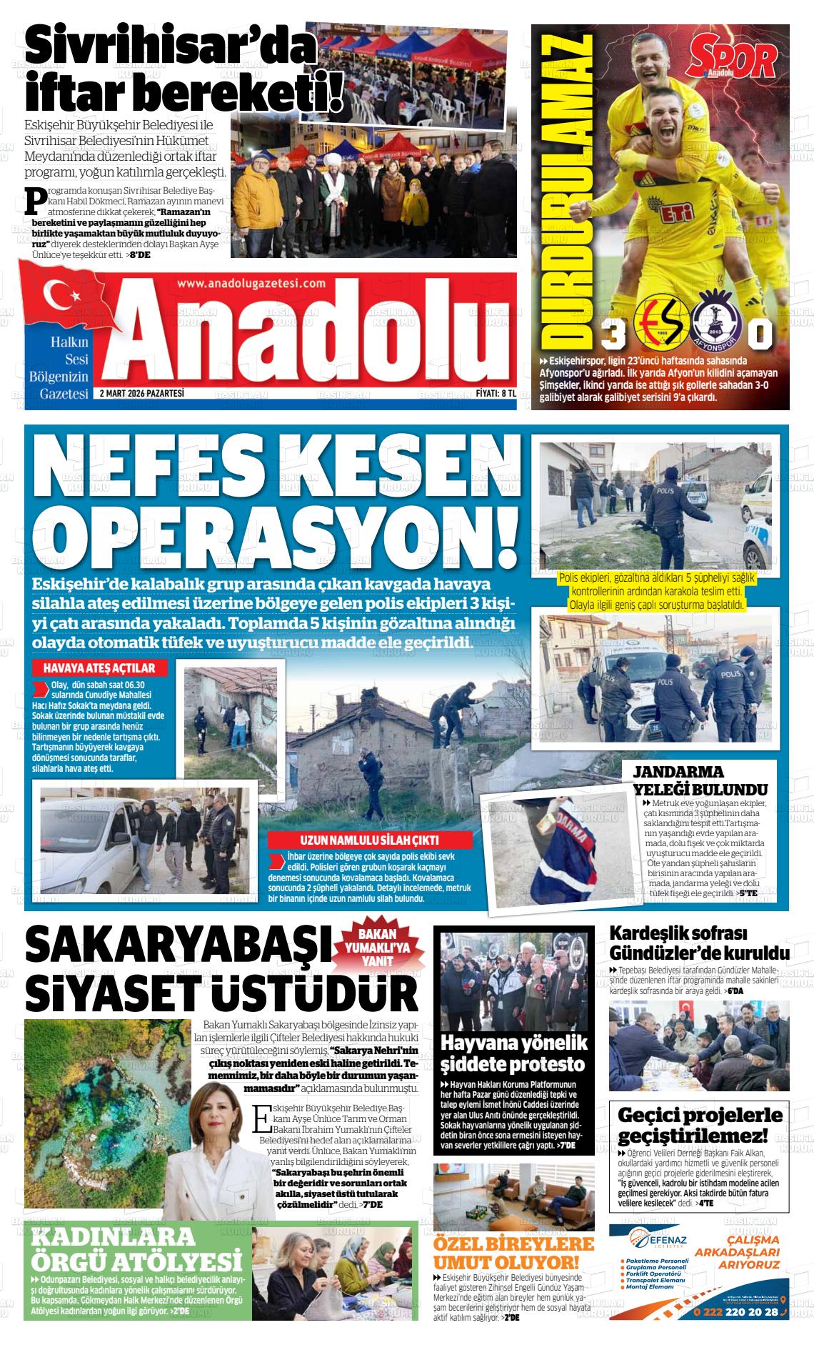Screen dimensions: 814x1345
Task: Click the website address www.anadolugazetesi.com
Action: [251, 283]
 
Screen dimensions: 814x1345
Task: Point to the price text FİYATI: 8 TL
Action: [496, 393]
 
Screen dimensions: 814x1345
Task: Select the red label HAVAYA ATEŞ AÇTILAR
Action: [99, 668]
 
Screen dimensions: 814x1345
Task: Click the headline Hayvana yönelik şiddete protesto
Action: [513, 1053]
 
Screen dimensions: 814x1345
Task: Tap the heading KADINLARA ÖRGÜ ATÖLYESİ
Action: [136, 1248]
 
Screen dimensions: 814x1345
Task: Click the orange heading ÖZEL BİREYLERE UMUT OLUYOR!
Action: [513, 1251]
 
